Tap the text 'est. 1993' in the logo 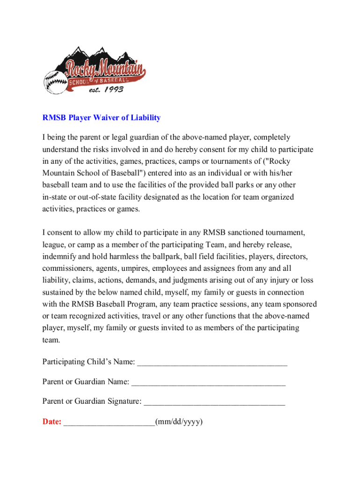106,89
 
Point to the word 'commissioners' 66,269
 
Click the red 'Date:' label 52,422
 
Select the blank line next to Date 109,423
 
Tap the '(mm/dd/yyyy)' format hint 179,422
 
